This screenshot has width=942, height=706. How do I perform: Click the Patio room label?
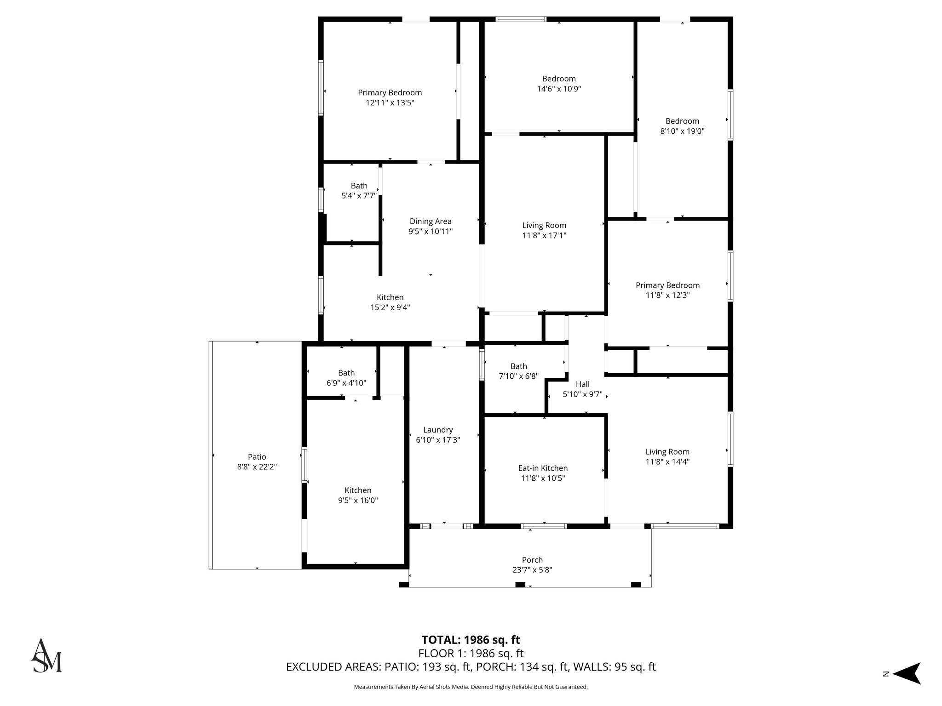[x=257, y=457]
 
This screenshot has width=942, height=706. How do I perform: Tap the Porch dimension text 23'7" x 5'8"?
[x=532, y=570]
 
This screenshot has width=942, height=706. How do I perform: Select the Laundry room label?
[x=438, y=430]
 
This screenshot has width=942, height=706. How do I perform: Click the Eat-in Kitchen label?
[x=543, y=468]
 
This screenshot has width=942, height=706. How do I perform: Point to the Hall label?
[x=582, y=384]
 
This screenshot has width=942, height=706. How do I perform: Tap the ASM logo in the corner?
[x=46, y=656]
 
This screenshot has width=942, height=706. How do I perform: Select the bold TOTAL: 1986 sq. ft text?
[x=471, y=640]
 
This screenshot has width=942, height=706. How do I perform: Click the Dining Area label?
[x=431, y=222]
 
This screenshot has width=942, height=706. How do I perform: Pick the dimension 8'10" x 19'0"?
[x=682, y=131]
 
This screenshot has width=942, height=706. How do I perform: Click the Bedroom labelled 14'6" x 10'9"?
[x=559, y=79]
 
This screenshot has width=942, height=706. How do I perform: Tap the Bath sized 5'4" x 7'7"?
[x=359, y=186]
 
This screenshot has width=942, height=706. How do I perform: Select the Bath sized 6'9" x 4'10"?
[x=346, y=373]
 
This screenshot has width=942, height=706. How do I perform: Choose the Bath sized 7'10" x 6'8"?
[x=518, y=366]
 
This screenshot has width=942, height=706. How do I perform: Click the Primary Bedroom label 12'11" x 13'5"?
[x=390, y=93]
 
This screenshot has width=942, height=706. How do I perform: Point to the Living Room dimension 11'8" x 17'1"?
[x=544, y=235]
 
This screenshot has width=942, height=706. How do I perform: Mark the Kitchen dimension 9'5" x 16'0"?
[x=358, y=501]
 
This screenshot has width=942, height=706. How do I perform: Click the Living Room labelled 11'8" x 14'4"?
[x=667, y=452]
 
